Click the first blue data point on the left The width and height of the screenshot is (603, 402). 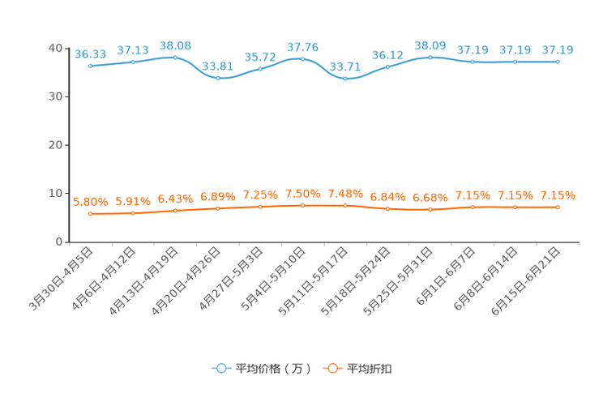(x=90, y=66)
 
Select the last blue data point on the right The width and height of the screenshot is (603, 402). (x=558, y=62)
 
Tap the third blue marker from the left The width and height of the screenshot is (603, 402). (x=175, y=57)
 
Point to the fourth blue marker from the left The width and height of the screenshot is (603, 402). (x=218, y=78)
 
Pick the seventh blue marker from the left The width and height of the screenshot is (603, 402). (x=345, y=79)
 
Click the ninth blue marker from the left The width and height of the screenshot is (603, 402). (x=430, y=57)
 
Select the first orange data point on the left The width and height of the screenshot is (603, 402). (x=90, y=214)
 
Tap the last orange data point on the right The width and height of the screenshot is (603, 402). (x=558, y=207)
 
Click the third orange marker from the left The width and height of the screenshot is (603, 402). (x=175, y=211)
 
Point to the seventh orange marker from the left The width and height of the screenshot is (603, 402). (x=345, y=206)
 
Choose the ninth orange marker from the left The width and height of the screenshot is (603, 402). (x=430, y=210)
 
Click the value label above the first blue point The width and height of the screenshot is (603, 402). (x=90, y=53)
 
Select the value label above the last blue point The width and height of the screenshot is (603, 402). (x=558, y=50)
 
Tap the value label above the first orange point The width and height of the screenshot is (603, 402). (x=90, y=202)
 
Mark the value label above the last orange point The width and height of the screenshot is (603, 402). (x=558, y=195)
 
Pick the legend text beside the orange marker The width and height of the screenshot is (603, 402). (x=370, y=369)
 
